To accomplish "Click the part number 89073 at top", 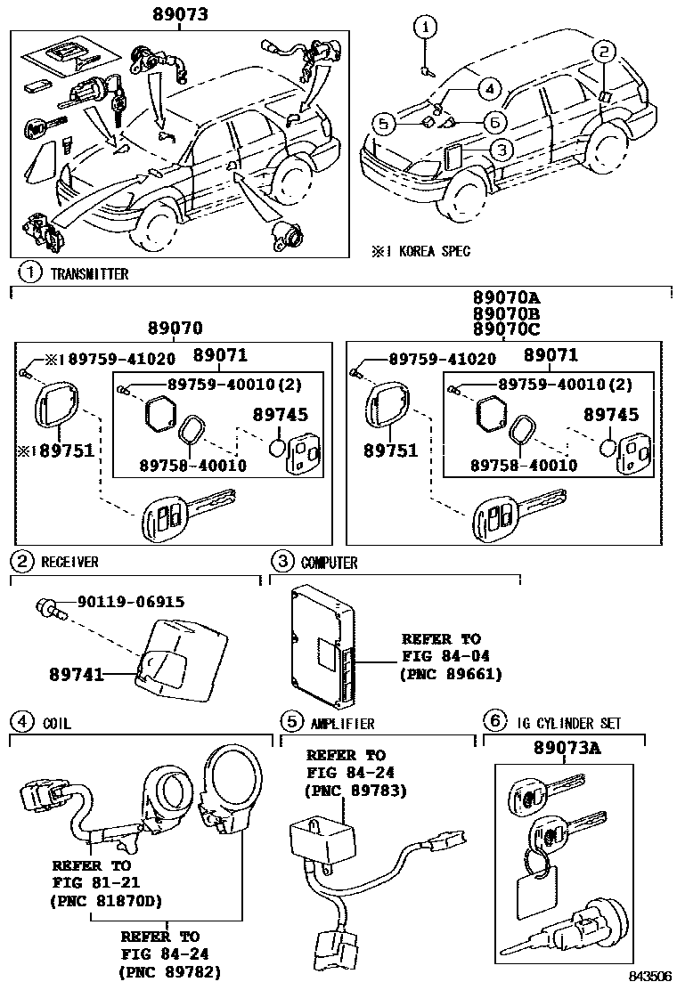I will pyautogui.click(x=179, y=14).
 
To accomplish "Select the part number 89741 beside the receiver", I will pyautogui.click(x=77, y=675).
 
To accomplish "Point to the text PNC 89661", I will pyautogui.click(x=453, y=674).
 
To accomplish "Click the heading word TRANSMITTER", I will pyautogui.click(x=88, y=273).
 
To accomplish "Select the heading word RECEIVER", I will pyautogui.click(x=69, y=562).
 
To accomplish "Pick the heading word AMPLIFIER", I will pyautogui.click(x=342, y=724).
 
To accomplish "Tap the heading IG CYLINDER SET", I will pyautogui.click(x=568, y=724).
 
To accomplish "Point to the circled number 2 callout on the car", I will pyautogui.click(x=603, y=52).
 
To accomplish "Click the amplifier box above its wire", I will pyautogui.click(x=322, y=840).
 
